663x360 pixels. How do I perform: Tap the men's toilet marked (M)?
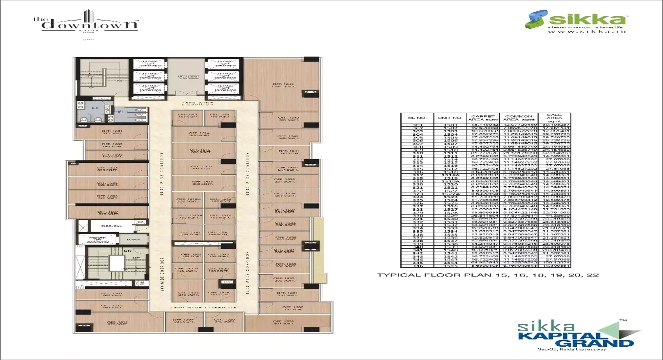pyautogui.click(x=95, y=108)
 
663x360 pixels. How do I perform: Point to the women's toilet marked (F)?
pyautogui.click(x=120, y=112)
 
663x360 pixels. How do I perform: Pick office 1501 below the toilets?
pyautogui.click(x=112, y=133)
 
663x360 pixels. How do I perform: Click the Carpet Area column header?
pyautogui.click(x=480, y=118)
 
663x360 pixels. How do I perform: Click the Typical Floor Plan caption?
pyautogui.click(x=487, y=275)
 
